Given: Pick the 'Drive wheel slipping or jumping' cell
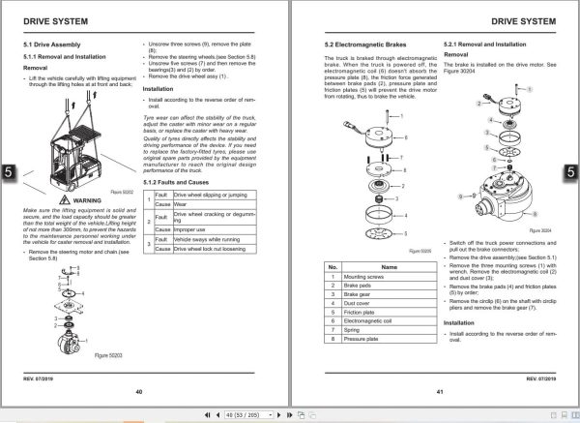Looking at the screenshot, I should pyautogui.click(x=212, y=195).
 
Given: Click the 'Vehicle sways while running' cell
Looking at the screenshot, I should pyautogui.click(x=209, y=239).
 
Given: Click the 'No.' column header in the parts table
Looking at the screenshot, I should pyautogui.click(x=332, y=265).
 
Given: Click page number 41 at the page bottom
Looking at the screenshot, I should pyautogui.click(x=439, y=391).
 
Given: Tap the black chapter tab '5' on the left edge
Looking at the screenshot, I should pyautogui.click(x=7, y=171).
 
